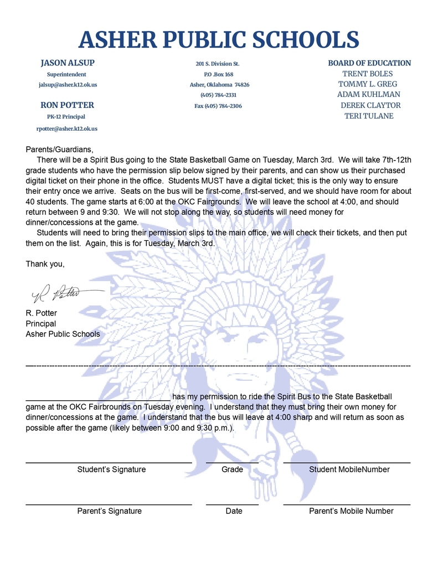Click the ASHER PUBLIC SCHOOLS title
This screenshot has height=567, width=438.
coord(219,39)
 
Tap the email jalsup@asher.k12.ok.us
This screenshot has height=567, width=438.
coord(68,85)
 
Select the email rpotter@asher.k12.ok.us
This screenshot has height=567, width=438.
coord(67,128)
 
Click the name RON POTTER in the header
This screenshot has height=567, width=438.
coord(67,105)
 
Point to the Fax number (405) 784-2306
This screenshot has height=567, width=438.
coord(218,106)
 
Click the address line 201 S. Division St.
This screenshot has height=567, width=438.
coord(218,64)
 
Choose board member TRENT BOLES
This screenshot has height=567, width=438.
coord(368,74)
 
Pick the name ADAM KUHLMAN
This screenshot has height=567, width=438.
coord(369,95)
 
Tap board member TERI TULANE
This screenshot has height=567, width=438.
coord(369,116)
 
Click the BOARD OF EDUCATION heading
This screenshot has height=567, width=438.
coord(369,63)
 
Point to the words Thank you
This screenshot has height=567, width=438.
coord(45,264)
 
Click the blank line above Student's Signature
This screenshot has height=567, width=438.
coord(109,461)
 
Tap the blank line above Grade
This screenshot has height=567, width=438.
coord(232,461)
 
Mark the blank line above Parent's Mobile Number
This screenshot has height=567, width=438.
coord(347,503)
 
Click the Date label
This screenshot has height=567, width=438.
coord(234,511)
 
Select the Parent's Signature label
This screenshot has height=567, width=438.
coord(109,511)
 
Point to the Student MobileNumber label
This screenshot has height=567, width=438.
coord(349,470)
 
